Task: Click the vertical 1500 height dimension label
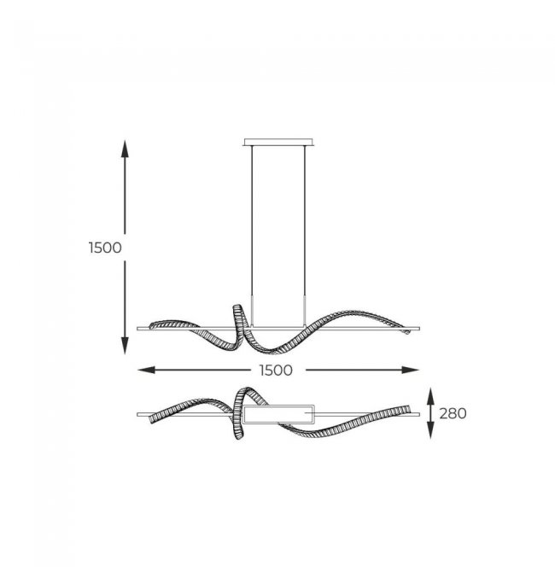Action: [x=105, y=248]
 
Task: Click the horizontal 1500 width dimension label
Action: [x=276, y=371]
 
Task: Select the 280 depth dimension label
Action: [x=453, y=413]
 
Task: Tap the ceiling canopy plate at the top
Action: [x=278, y=143]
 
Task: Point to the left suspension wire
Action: [x=252, y=236]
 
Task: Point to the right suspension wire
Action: [x=305, y=236]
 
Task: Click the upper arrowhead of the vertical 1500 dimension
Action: [x=125, y=149]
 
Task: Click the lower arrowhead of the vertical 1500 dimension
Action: [x=125, y=346]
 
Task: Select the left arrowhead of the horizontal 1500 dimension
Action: [x=146, y=370]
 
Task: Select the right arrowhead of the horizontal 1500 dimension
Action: [x=411, y=370]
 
